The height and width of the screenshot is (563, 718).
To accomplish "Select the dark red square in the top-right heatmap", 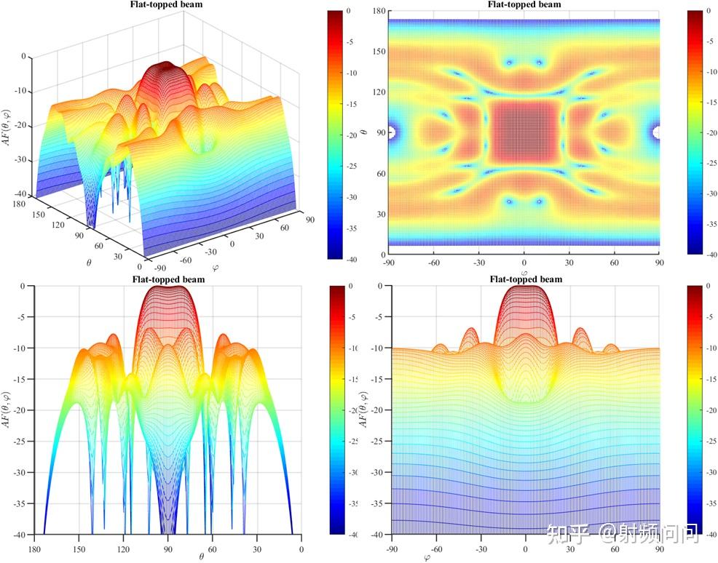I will coord(524,132).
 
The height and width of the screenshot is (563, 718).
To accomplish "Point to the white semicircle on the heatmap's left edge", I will coord(392,132).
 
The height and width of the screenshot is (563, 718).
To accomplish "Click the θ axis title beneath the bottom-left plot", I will coord(201,557).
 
